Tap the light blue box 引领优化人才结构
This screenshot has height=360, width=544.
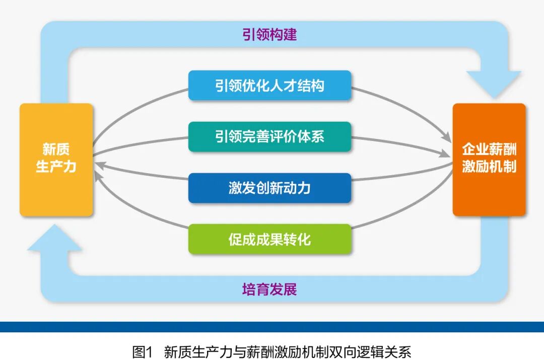[x=269, y=86]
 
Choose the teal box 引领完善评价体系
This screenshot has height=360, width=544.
[x=269, y=136]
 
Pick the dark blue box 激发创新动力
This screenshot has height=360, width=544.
[x=269, y=188]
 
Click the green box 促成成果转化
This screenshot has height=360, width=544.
[x=269, y=239]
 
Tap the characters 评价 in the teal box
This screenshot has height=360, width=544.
[x=284, y=136]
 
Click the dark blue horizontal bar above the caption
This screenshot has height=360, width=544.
[x=272, y=327]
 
